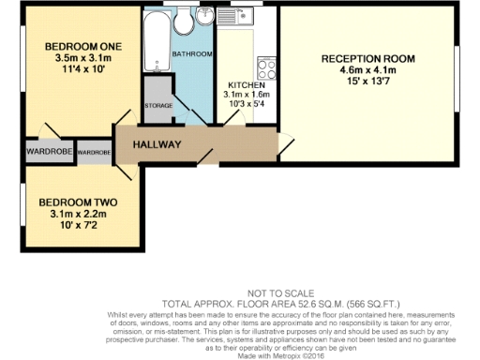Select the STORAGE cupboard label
[x=157, y=106]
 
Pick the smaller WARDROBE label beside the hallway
[x=95, y=151]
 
